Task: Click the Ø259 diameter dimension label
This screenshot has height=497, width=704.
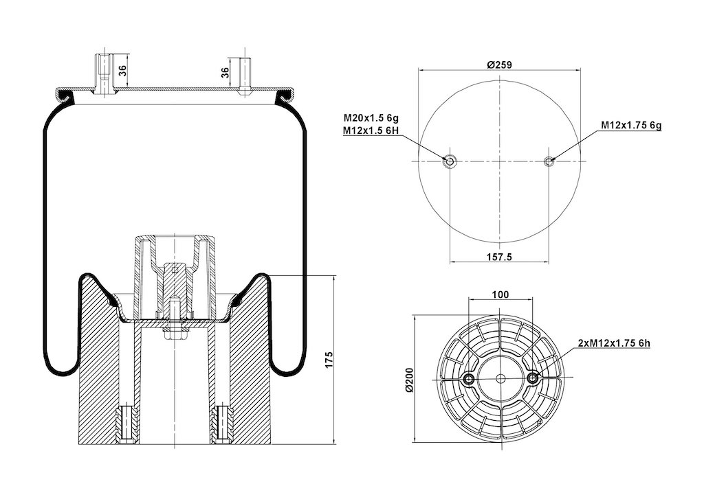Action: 500,65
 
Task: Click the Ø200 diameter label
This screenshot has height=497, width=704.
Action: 410,380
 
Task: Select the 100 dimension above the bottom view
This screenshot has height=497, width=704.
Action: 500,294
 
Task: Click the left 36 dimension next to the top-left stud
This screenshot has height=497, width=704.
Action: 122,70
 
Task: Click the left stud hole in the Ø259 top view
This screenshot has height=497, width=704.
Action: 450,161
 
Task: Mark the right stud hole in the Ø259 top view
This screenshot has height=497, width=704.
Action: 549,161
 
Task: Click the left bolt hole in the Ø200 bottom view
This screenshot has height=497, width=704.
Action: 469,380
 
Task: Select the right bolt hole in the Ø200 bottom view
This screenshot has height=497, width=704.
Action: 532,380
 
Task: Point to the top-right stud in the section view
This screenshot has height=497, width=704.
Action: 244,75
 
